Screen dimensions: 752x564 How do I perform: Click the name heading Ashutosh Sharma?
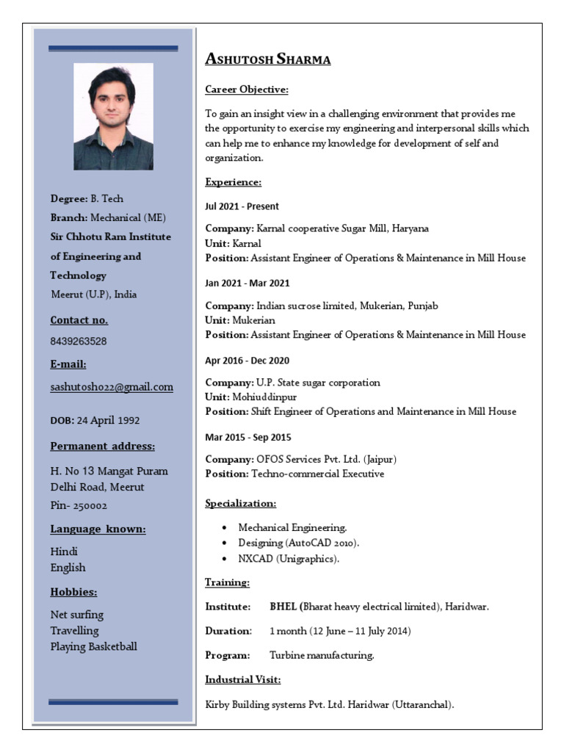coord(267,59)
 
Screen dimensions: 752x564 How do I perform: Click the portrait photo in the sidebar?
coord(113,117)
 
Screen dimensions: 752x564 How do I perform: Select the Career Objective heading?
coord(246,90)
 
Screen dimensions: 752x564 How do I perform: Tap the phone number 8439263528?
coord(79,341)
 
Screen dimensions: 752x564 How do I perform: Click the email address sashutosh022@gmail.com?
coord(112,387)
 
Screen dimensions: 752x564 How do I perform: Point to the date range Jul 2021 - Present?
coord(242,206)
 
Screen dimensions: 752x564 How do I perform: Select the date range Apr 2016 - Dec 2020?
coord(247,361)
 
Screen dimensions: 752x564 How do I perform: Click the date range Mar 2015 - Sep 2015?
coord(247,437)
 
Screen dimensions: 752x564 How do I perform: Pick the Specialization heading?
coord(240,504)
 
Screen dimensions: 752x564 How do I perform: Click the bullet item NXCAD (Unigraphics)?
coord(289,559)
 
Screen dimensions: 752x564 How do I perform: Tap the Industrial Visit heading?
coord(242,679)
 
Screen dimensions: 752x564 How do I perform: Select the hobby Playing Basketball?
coord(93,647)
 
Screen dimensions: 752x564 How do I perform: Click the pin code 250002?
coord(90,506)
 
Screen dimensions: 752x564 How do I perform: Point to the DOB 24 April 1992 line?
coord(95,421)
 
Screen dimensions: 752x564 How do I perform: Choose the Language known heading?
coord(98,529)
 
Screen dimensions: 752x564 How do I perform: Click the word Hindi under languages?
coord(64,552)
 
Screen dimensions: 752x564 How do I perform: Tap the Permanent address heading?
coord(102,446)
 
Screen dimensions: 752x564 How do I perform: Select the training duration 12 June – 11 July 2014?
coord(340,631)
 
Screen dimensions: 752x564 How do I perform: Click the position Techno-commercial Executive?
coord(317,474)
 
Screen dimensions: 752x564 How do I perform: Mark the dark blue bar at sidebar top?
coord(113,48)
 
